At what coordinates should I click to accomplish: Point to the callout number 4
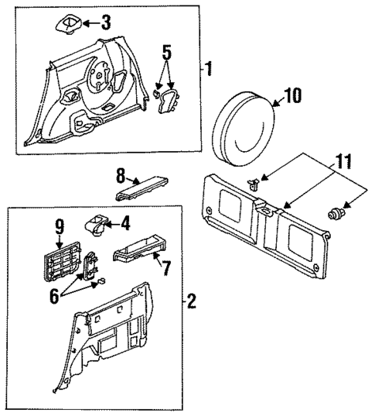(126, 225)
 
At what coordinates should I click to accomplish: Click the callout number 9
(59, 226)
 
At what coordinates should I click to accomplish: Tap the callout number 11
(343, 162)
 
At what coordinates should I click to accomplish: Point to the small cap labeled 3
(67, 22)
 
